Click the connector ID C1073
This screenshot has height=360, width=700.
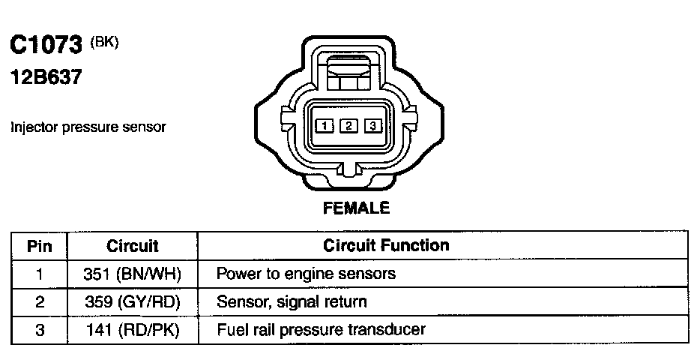click(x=45, y=46)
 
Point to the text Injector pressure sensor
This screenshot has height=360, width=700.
click(x=88, y=127)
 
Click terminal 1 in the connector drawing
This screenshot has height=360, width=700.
click(x=323, y=125)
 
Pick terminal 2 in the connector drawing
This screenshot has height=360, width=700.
click(x=348, y=125)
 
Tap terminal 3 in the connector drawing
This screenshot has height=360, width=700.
click(x=373, y=125)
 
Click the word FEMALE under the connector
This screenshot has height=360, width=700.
click(x=356, y=208)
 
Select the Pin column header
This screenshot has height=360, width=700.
click(x=39, y=246)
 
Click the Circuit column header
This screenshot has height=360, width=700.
click(x=133, y=246)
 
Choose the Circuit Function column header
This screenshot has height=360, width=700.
click(x=386, y=245)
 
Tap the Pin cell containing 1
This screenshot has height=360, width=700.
click(x=39, y=274)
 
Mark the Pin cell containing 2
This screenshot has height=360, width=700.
click(x=39, y=302)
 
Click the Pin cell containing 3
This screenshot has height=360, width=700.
click(x=39, y=330)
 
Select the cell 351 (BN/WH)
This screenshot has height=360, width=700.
click(x=133, y=274)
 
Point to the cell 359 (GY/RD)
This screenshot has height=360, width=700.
click(x=133, y=302)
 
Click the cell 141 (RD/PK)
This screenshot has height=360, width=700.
click(x=133, y=330)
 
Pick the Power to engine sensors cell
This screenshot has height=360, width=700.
click(x=305, y=274)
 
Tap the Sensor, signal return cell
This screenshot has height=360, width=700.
click(x=292, y=302)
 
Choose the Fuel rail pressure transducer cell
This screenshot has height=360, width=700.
click(x=321, y=330)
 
